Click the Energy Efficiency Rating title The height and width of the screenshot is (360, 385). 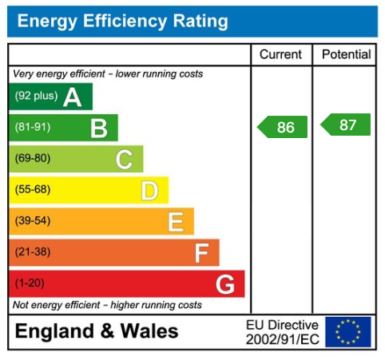[122, 22]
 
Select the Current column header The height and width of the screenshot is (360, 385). [281, 55]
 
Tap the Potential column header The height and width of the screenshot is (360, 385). [346, 55]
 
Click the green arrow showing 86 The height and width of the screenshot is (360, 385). [283, 127]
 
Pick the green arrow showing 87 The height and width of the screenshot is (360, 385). [346, 125]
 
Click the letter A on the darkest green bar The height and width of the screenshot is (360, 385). [73, 97]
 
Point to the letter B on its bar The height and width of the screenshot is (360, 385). [98, 128]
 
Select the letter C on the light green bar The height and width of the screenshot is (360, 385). [124, 159]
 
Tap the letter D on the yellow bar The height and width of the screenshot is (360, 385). [149, 190]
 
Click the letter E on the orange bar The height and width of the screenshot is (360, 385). [175, 221]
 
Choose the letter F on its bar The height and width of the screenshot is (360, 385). [201, 253]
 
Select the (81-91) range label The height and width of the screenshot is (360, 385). [32, 128]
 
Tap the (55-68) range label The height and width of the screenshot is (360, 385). [33, 190]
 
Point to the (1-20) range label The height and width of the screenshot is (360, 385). [30, 283]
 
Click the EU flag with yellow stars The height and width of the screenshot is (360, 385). [348, 331]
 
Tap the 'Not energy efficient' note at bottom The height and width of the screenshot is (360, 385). [107, 305]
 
